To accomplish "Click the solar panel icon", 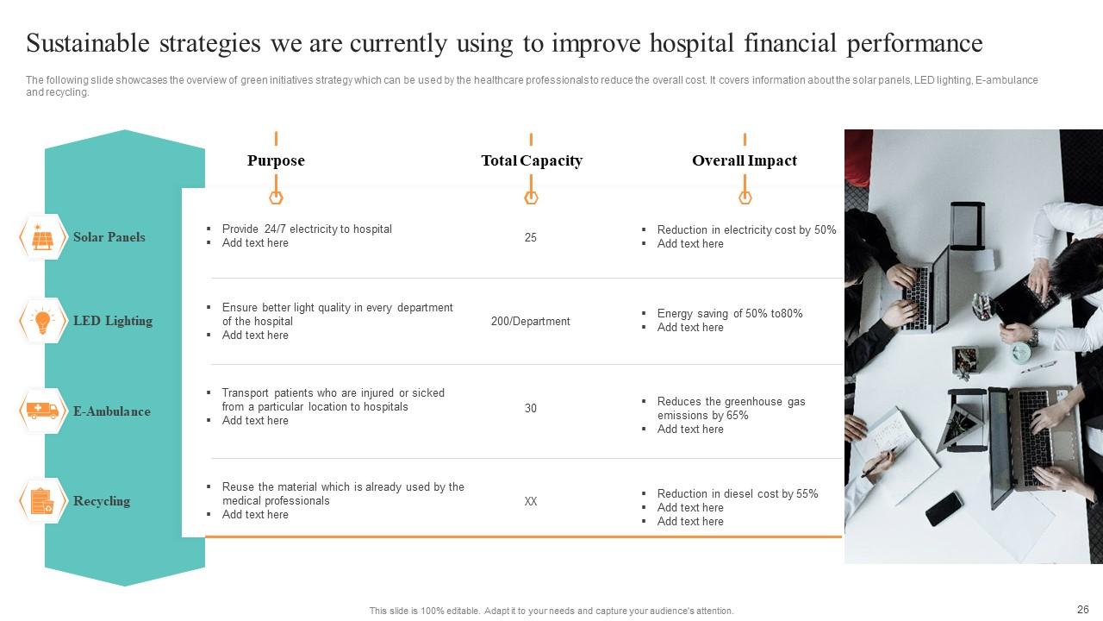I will point(42,237).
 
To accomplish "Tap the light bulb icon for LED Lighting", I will point(42,321).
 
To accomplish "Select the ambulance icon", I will point(42,411).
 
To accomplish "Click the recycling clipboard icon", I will point(42,501).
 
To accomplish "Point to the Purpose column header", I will point(276,160).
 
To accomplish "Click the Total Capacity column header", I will point(531,160).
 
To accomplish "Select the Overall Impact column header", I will point(745,160).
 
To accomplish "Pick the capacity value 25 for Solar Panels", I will point(531,237).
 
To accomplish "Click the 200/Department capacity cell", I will point(531,321).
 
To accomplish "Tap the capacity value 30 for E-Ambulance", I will point(531,408).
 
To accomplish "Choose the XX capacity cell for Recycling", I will point(531,501).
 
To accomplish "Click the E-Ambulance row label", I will point(111,411).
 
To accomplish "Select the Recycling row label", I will point(102,501).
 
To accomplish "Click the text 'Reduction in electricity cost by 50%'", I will point(746,229).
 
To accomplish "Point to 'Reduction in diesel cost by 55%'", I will point(738,493).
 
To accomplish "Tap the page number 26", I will point(1083,609).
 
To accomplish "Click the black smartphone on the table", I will point(944,508).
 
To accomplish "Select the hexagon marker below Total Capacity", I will point(531,198).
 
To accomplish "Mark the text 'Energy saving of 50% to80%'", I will point(729,313).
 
